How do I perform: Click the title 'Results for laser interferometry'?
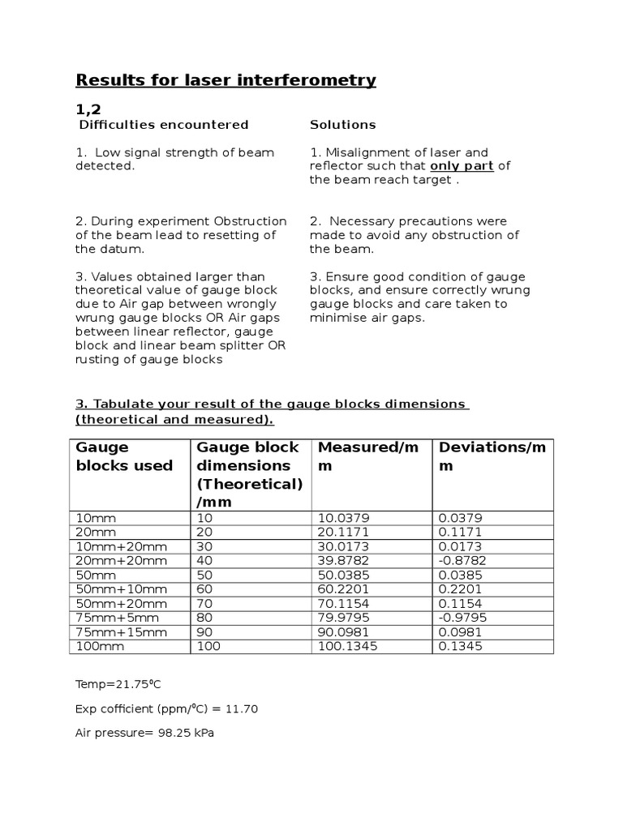tap(226, 79)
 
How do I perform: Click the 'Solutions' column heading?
tap(342, 125)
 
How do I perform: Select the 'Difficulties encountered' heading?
tap(163, 125)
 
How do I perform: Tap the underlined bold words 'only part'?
tap(462, 166)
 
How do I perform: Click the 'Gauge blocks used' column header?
tap(124, 456)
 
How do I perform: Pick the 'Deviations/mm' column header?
tap(492, 456)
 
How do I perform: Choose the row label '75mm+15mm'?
tap(110, 633)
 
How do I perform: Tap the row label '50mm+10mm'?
tap(110, 590)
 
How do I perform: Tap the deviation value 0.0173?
tap(460, 546)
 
